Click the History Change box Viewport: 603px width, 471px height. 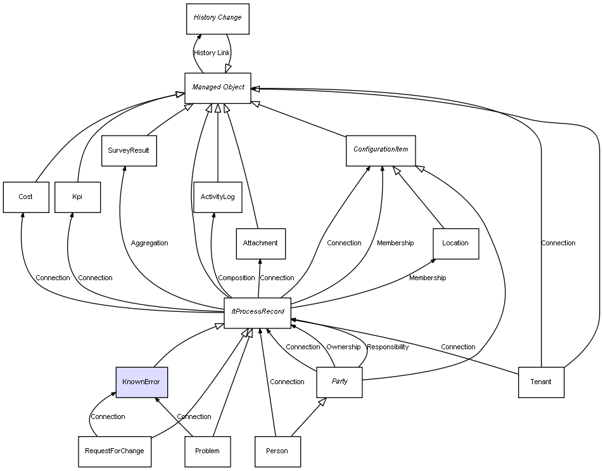click(x=217, y=18)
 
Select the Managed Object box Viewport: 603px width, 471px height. click(x=218, y=87)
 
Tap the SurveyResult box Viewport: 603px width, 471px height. click(x=129, y=151)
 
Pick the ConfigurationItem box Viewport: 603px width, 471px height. click(x=381, y=150)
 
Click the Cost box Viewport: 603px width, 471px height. click(x=25, y=197)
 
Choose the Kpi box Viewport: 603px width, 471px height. click(x=77, y=197)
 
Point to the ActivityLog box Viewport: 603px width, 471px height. click(x=217, y=197)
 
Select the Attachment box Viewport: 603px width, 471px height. click(x=260, y=243)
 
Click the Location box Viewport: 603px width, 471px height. click(x=455, y=243)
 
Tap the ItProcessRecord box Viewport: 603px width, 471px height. click(x=257, y=313)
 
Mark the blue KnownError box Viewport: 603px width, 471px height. click(x=141, y=382)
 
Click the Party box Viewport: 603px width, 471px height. click(x=340, y=382)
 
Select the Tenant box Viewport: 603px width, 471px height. click(x=541, y=382)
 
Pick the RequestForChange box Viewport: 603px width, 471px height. click(x=115, y=451)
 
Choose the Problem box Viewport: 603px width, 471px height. click(x=207, y=451)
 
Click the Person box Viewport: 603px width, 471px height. click(x=277, y=451)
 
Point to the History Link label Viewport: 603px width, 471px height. click(x=212, y=53)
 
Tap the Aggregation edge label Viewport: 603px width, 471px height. click(x=149, y=243)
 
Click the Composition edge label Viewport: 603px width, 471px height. click(x=236, y=278)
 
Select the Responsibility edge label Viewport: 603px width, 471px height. click(x=388, y=347)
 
